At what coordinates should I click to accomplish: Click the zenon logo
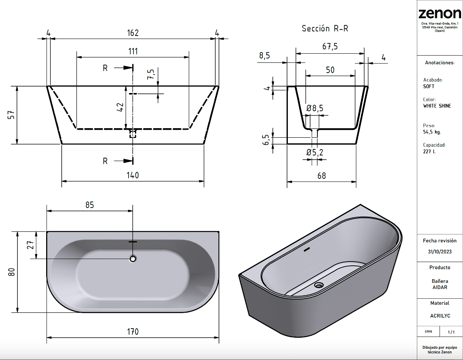440,14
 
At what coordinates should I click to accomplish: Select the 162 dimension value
133,33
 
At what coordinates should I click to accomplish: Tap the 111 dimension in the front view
133,51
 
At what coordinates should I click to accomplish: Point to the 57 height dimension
11,115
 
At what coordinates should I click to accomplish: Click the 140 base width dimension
133,175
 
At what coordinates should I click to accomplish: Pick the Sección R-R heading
325,28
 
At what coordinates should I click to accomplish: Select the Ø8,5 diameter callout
315,109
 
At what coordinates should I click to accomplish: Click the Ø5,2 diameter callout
315,152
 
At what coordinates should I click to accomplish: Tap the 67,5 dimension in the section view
330,47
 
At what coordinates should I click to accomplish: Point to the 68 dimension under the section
322,176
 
